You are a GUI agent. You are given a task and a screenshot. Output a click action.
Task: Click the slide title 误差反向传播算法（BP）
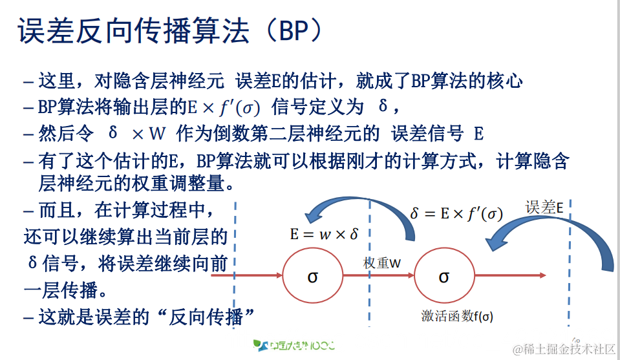tap(169, 30)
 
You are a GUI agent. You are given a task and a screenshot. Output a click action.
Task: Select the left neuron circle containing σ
tap(312, 276)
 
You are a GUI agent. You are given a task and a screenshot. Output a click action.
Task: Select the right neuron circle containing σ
tap(444, 276)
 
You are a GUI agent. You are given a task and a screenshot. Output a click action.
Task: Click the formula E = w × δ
tap(323, 234)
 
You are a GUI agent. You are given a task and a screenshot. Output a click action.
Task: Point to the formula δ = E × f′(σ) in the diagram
tap(456, 213)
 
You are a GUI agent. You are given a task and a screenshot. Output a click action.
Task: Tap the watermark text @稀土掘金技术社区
tap(564, 349)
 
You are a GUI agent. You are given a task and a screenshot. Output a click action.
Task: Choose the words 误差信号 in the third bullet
tap(427, 134)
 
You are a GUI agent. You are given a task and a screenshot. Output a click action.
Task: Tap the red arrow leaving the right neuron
tap(511, 276)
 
